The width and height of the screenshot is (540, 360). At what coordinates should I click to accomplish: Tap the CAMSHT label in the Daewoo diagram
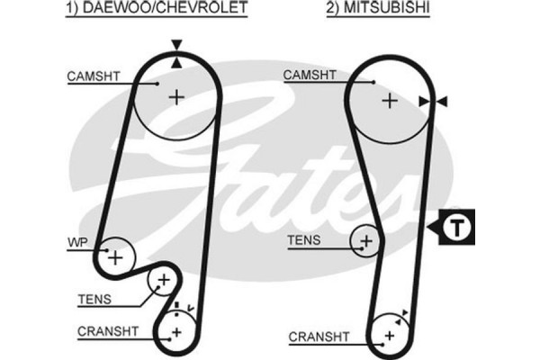pyautogui.click(x=91, y=76)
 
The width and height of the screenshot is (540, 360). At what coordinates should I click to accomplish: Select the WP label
pyautogui.click(x=76, y=243)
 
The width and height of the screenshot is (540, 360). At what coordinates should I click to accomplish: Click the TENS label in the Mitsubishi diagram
pyautogui.click(x=302, y=240)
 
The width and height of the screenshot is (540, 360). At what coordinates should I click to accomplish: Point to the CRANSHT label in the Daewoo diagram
pyautogui.click(x=108, y=331)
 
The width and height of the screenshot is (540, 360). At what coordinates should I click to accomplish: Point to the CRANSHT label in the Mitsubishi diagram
pyautogui.click(x=318, y=337)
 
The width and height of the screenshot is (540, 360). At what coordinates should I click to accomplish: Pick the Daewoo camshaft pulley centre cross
pyautogui.click(x=176, y=97)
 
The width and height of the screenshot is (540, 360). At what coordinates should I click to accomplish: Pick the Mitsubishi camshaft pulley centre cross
pyautogui.click(x=389, y=100)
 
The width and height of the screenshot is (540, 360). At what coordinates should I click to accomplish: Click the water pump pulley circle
pyautogui.click(x=114, y=256)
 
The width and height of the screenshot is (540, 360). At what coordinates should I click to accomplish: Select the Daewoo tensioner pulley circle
pyautogui.click(x=163, y=282)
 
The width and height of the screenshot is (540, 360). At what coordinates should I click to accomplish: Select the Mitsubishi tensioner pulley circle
pyautogui.click(x=366, y=240)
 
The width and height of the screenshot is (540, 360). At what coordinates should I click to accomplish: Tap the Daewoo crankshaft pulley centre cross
pyautogui.click(x=175, y=333)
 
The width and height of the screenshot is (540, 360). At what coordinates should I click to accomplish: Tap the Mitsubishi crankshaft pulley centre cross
pyautogui.click(x=389, y=335)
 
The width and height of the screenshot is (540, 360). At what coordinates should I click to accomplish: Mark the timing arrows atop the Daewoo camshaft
pyautogui.click(x=176, y=51)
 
